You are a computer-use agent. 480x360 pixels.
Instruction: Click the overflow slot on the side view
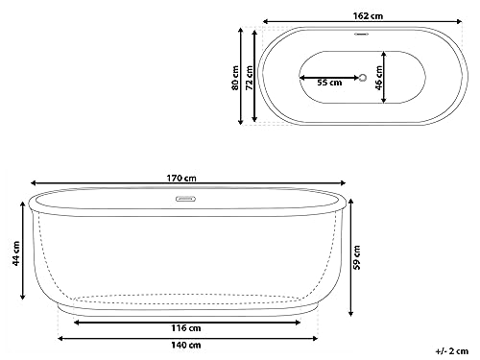pos(184,201)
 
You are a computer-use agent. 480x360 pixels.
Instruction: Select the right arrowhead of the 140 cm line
pos(313,337)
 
